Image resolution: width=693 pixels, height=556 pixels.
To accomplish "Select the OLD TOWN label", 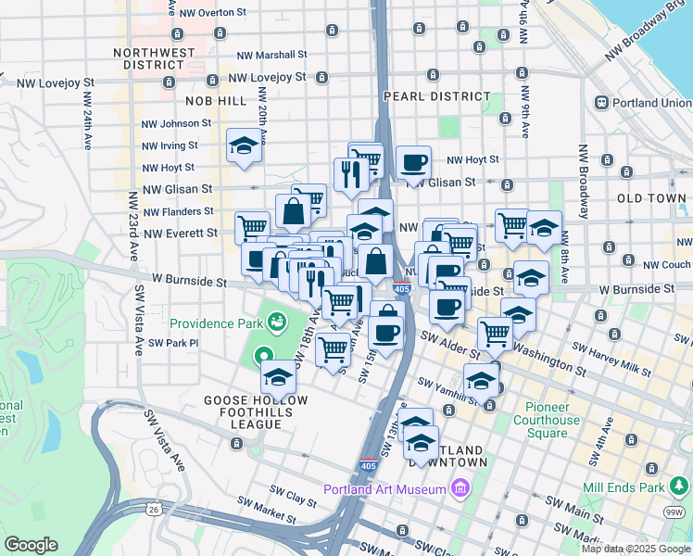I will tap(651, 199).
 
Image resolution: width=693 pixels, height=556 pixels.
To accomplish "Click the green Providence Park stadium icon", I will tap(275, 323).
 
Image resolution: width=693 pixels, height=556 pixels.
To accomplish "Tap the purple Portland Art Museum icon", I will tap(460, 488).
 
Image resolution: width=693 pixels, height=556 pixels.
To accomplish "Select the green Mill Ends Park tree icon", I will tap(679, 486).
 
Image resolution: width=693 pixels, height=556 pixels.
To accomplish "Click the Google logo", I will tap(31, 545).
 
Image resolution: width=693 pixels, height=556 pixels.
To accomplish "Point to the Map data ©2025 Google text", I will tap(636, 549).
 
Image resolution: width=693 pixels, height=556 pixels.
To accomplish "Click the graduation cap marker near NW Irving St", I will tap(244, 145).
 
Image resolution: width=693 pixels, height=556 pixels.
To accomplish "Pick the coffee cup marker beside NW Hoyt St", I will tap(413, 163).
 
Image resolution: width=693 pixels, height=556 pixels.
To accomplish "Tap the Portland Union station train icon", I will tap(601, 102).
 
